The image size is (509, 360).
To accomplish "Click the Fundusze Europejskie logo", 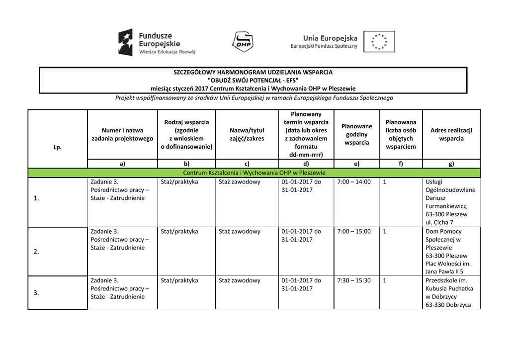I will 157,42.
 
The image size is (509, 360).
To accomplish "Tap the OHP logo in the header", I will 243,41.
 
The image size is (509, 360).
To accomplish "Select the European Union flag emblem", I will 379,42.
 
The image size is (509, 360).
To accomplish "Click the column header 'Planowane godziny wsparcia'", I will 356,134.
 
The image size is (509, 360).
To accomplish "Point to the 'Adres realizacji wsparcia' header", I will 451,134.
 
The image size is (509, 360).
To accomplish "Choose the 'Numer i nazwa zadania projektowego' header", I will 122,134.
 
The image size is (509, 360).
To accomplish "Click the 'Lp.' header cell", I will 58,147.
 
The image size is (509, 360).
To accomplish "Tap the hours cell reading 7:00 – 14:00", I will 354,182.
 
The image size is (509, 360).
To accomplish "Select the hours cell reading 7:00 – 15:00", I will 354,231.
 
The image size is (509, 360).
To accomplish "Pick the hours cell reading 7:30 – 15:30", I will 354,280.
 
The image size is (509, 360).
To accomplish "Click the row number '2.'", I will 36,252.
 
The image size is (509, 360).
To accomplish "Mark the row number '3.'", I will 36,293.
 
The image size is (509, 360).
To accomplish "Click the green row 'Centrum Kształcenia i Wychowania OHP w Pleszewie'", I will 254,173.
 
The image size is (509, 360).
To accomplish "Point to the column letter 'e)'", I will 356,164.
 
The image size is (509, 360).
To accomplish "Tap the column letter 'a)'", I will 122,164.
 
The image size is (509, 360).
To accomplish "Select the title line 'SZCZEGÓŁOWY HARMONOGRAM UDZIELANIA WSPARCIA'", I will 253,72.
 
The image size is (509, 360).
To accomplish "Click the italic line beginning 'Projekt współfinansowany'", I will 254,98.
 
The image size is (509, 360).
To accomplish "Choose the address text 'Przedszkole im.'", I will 446,280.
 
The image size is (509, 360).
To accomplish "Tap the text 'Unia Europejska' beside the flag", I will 330,38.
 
